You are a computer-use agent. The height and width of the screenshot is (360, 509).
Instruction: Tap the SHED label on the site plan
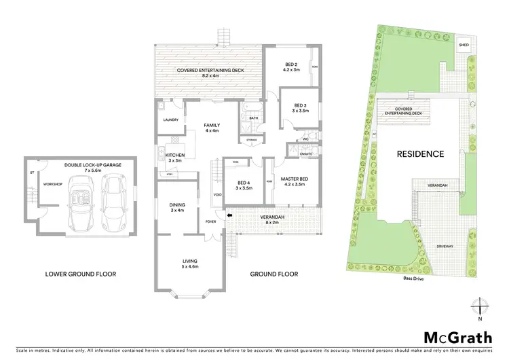[464, 46]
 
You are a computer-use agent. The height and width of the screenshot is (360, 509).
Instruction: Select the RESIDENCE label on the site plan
[420, 154]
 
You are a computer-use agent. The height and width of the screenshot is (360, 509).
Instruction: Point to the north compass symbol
[480, 308]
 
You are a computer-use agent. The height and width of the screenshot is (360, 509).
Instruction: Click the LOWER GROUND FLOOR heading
[81, 274]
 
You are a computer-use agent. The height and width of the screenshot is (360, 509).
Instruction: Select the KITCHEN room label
[175, 157]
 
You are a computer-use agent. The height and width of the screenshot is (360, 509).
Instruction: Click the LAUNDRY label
[170, 120]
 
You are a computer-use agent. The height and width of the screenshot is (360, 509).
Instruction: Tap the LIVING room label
[189, 261]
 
